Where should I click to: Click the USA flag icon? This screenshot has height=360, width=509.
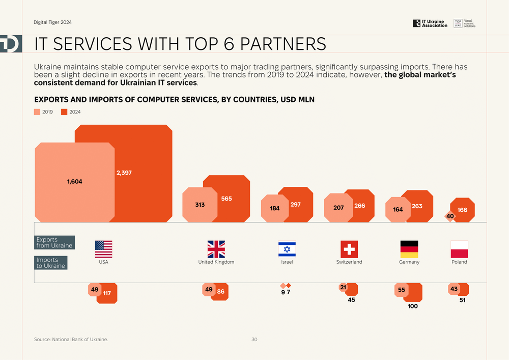(x=103, y=249)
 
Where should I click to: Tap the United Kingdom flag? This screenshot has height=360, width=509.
(x=216, y=249)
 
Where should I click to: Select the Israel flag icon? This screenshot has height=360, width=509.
(x=287, y=249)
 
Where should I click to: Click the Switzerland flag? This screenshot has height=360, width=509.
(x=349, y=249)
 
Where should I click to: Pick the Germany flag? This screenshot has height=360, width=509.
(x=409, y=249)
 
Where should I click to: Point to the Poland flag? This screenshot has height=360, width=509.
(x=459, y=249)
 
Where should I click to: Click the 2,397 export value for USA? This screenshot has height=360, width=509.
(x=124, y=173)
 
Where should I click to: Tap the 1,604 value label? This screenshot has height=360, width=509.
(x=74, y=181)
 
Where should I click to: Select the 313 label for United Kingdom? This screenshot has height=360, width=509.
(x=200, y=205)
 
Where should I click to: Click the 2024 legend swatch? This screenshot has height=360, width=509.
(x=64, y=112)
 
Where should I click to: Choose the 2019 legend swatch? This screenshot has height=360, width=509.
(x=37, y=112)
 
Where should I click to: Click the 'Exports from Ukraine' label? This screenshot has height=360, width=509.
(x=54, y=242)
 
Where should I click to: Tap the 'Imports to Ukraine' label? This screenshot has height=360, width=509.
(x=51, y=263)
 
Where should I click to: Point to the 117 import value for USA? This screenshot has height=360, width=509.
(x=107, y=293)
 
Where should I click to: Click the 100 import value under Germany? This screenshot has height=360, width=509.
(x=413, y=306)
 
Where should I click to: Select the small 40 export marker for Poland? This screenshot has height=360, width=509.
(x=450, y=216)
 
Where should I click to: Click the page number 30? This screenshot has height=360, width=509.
(x=254, y=339)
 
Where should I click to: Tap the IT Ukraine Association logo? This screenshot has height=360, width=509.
(x=430, y=23)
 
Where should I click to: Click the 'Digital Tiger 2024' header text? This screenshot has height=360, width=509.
(x=53, y=23)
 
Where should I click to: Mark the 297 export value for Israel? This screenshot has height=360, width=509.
(x=295, y=204)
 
